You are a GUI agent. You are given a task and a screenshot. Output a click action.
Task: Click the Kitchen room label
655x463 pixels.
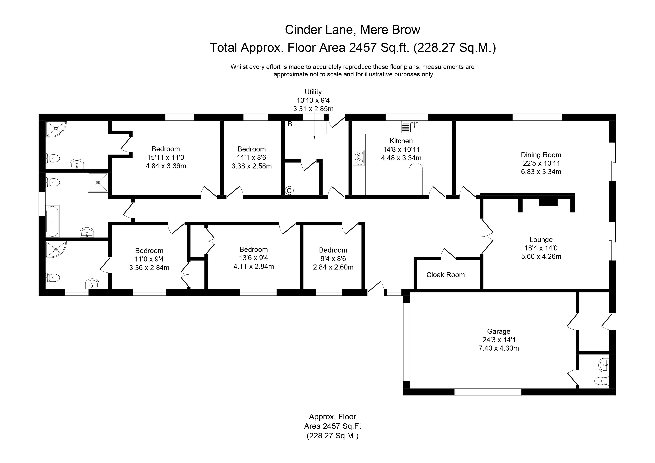point(401,141)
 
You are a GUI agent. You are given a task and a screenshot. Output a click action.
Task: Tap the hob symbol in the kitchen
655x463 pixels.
point(359,158)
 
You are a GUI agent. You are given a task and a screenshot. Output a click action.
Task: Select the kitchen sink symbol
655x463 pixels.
point(410,127)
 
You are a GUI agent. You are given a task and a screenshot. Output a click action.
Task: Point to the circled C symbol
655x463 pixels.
point(289,191)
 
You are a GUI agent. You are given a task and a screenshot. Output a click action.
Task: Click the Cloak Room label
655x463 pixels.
point(445,275)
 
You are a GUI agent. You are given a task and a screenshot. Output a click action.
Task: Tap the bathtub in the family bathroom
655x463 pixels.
point(52,221)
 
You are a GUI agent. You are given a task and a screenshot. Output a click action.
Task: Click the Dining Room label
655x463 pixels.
point(541,155)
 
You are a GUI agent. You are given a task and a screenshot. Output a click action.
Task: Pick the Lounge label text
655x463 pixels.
point(541,240)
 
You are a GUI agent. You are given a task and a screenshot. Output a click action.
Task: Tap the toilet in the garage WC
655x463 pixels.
point(601,381)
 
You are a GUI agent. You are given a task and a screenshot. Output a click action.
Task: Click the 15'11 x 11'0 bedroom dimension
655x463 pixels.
point(166,157)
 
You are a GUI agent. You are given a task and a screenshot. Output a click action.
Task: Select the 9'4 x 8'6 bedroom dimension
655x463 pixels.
point(333,259)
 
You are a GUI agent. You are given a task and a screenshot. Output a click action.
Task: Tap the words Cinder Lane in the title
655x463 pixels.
point(319,30)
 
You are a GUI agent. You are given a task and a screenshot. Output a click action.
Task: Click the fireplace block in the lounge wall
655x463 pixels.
point(548,202)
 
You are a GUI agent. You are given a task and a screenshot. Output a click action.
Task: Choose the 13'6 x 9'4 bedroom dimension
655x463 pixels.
point(253,258)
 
